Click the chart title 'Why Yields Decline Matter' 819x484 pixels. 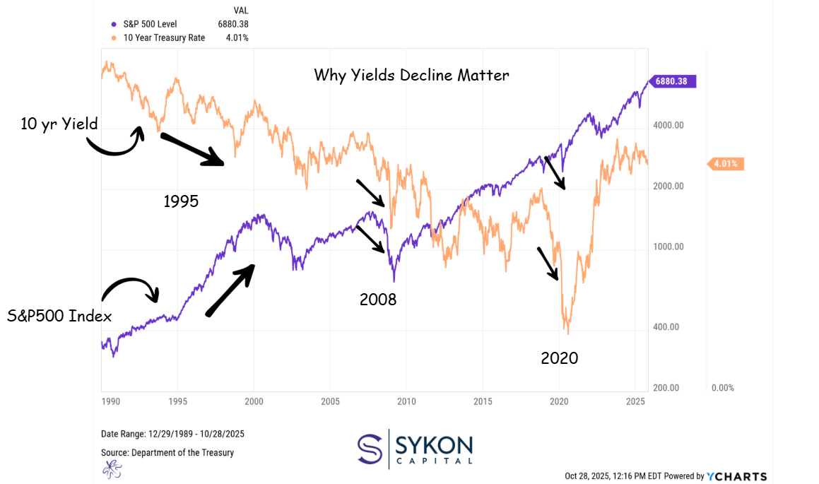(411, 75)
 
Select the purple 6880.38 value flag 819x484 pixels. (676, 81)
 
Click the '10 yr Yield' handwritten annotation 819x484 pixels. (59, 124)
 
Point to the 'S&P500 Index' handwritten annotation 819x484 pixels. (59, 316)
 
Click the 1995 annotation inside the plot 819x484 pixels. (181, 201)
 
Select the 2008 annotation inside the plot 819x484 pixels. (378, 299)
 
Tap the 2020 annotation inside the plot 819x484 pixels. (559, 358)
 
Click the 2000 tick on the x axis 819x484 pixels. (254, 401)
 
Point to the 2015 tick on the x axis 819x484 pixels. (483, 401)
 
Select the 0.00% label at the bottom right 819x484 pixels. (722, 388)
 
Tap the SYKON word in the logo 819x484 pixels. (434, 445)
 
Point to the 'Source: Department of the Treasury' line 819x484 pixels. (167, 452)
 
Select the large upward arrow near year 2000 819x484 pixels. (229, 290)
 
